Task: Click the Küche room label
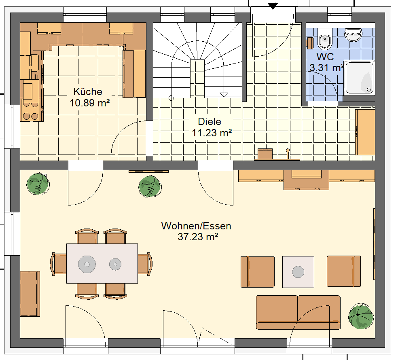tap(88, 92)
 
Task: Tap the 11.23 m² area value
tap(212, 133)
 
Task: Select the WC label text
tap(325, 57)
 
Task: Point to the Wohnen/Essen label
tap(196, 226)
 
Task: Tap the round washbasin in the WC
tap(353, 34)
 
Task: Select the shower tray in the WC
tap(359, 78)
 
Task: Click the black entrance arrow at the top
tap(273, 6)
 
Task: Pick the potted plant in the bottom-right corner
tap(361, 316)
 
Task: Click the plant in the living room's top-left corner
tap(38, 184)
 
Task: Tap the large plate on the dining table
tap(87, 264)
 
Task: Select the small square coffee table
tap(298, 272)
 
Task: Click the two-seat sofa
tap(298, 312)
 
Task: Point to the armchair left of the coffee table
tap(258, 272)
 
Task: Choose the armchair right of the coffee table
tap(344, 271)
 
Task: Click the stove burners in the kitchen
tap(30, 110)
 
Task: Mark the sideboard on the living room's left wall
tap(30, 294)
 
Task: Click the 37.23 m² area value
tap(198, 237)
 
